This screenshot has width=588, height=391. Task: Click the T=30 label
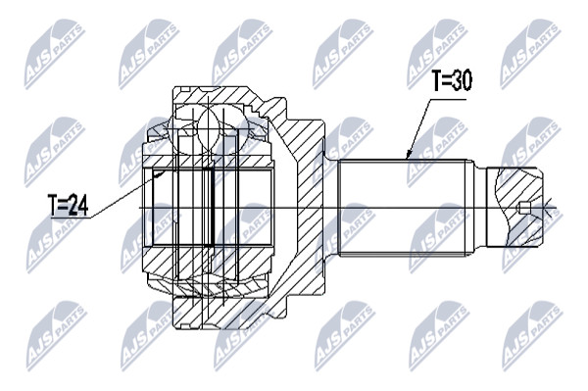tap(452, 80)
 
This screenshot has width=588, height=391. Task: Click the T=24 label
tap(69, 205)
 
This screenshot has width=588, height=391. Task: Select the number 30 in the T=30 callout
tap(461, 80)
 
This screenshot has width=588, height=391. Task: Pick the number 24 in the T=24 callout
tap(78, 205)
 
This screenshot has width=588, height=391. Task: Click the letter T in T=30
tap(436, 80)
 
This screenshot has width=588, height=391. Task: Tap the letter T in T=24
tap(53, 205)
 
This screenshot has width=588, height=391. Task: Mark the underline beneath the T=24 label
tap(71, 217)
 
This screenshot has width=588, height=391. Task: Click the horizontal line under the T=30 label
tap(448, 100)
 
